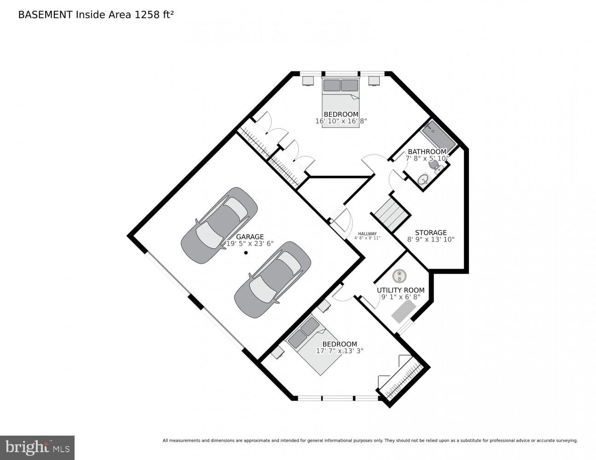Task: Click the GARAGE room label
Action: pos(250,236)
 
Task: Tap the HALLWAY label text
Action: pos(367,234)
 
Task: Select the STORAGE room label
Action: pos(431,232)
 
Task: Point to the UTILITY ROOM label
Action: pos(401,290)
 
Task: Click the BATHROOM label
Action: pos(427,152)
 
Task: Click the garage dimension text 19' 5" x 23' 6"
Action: pos(250,243)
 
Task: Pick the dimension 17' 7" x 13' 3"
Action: pos(340,351)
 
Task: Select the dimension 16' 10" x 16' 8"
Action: pos(341,121)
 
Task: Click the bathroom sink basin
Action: pos(423,179)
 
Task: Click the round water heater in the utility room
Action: pos(399,276)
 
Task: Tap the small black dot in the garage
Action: pos(246,253)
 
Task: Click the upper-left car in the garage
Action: pos(219,225)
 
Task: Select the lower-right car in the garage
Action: pos(272,280)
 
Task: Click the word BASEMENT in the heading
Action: pos(45,15)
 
